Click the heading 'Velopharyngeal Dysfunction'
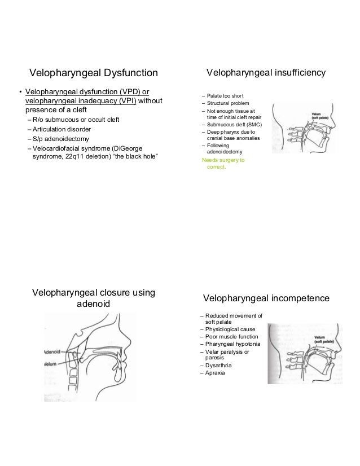(94, 73)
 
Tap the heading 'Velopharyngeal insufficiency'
(266, 73)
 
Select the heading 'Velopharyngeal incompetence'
(266, 298)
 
